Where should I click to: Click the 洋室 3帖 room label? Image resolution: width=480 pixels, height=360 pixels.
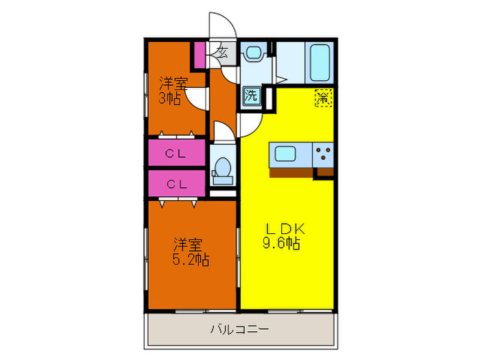(x=173, y=91)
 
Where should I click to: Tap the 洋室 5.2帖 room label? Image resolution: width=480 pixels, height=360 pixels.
(x=190, y=252)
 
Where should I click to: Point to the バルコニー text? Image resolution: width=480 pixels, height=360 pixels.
(x=239, y=329)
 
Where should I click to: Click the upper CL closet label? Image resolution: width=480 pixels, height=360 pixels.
(x=176, y=154)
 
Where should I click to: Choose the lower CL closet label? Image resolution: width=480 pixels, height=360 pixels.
(x=176, y=184)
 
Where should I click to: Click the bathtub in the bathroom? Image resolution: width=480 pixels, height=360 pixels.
(x=321, y=63)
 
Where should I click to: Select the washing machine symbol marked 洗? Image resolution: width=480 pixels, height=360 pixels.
(x=251, y=95)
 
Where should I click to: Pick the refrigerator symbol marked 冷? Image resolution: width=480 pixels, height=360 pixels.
(x=322, y=98)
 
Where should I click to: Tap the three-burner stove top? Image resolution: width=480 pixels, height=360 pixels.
(x=324, y=154)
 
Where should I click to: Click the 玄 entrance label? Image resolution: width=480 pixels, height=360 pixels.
(x=223, y=52)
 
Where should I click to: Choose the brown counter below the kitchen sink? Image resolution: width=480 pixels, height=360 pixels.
(x=291, y=171)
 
